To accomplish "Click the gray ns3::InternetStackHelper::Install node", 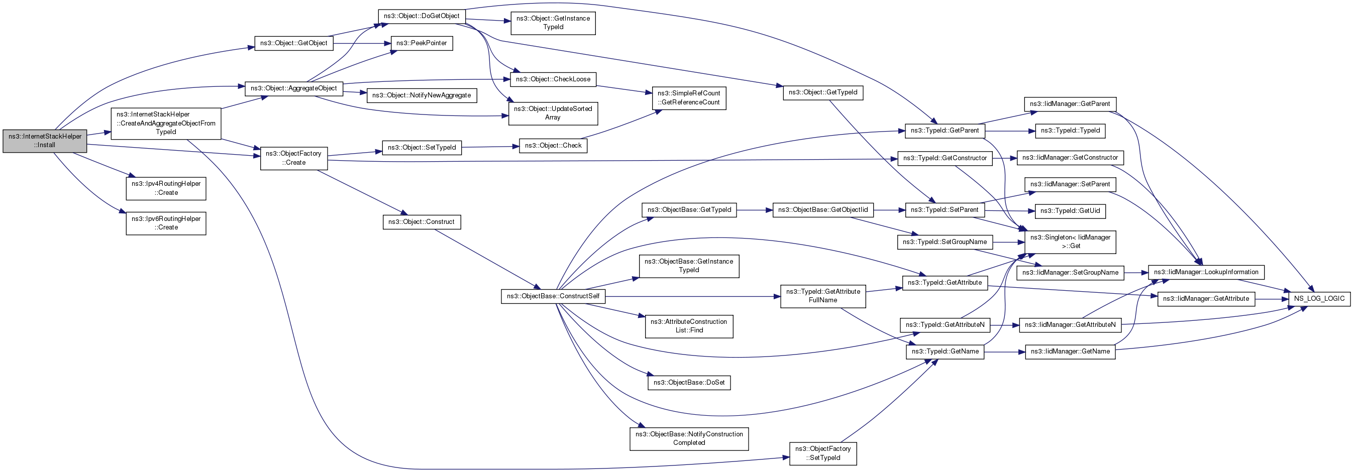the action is (45, 141).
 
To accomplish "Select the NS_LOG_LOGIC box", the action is (1319, 299).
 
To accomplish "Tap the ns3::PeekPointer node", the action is (421, 43).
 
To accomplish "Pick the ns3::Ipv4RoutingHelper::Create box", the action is (166, 188).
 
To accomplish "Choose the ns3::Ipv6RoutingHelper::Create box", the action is (166, 223).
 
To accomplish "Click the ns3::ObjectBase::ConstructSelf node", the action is (553, 296).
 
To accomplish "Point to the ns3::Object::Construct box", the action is (421, 222).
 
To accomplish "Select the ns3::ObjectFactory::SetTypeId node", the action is (823, 453).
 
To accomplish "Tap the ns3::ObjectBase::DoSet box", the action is (689, 383).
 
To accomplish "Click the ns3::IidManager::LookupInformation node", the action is (1206, 272).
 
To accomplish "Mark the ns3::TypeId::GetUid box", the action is (1070, 211).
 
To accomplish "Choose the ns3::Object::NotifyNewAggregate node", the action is (421, 95).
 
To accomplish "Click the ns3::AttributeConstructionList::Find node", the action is (689, 326).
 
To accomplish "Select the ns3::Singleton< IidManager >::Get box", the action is (1071, 242).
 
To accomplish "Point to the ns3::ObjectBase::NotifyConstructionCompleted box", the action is (689, 438).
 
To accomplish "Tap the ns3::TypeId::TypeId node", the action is (1070, 131).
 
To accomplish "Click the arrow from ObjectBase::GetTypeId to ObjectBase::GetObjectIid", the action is (754, 210).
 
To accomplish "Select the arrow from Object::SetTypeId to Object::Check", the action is (490, 147).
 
